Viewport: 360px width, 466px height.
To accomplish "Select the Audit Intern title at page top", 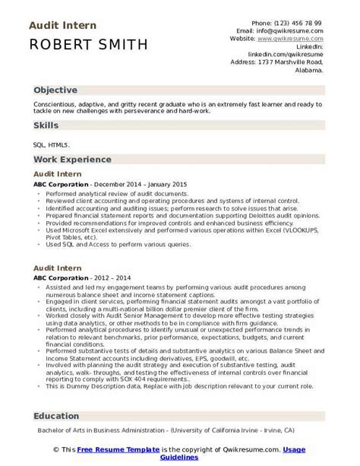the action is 62,25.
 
